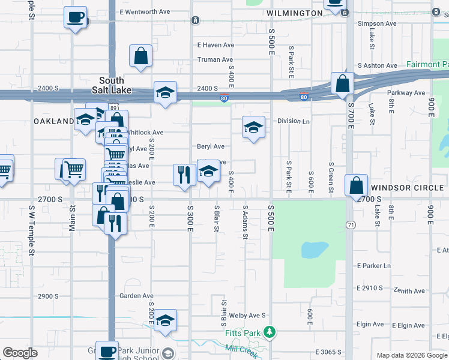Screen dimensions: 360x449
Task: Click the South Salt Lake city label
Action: click(x=112, y=85)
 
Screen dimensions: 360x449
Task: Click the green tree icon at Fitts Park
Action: click(x=270, y=331)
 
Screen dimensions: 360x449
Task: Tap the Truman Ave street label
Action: click(x=215, y=60)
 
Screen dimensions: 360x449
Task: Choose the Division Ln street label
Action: click(x=294, y=121)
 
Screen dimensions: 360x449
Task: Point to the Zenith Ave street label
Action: click(x=409, y=291)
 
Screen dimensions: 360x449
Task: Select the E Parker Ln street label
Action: click(x=373, y=266)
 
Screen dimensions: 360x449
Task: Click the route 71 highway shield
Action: click(x=349, y=224)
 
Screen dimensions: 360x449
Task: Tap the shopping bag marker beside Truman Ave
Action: click(x=140, y=56)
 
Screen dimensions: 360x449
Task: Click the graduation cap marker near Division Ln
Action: click(x=254, y=127)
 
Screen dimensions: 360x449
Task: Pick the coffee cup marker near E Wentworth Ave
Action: click(x=75, y=17)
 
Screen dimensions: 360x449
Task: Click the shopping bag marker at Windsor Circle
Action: click(x=357, y=185)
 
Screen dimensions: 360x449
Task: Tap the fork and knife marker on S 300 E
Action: click(x=184, y=175)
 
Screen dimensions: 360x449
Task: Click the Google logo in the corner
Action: click(x=20, y=353)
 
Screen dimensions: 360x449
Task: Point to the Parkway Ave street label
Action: click(x=406, y=93)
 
